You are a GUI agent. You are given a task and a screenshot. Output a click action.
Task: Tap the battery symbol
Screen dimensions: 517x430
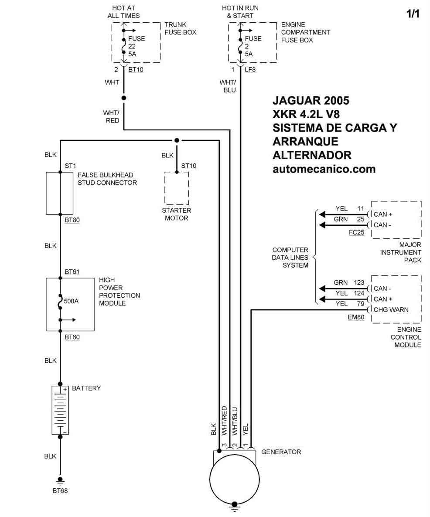(60, 410)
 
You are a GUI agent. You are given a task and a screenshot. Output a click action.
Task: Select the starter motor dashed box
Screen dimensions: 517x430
(177, 188)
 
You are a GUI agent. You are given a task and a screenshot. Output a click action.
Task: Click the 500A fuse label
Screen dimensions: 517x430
(72, 301)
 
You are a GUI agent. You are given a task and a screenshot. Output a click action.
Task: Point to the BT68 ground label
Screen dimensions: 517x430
(60, 490)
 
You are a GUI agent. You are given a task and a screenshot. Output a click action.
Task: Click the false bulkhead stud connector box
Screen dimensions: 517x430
(60, 193)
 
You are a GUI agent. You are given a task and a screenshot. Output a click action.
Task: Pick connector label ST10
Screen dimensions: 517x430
(189, 166)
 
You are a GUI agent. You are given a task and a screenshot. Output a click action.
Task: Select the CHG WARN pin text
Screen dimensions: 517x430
(391, 310)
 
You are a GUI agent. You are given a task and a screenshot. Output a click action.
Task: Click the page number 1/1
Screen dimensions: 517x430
(413, 14)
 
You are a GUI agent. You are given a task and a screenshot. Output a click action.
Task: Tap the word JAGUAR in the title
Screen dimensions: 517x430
(297, 100)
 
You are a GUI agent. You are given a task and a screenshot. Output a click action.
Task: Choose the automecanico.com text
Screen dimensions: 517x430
(324, 169)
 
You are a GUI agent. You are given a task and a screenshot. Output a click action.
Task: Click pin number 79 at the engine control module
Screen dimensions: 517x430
(360, 303)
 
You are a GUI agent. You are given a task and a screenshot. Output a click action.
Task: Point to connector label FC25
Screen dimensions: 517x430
(356, 232)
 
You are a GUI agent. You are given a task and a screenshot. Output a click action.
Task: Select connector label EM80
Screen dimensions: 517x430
(356, 317)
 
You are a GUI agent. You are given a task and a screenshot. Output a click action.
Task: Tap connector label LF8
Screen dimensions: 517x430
(250, 70)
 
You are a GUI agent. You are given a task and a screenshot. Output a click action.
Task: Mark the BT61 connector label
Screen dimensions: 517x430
(72, 272)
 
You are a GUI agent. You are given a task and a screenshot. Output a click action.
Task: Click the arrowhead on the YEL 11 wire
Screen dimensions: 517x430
(322, 214)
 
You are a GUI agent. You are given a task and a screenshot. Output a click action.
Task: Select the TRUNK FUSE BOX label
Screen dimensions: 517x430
(180, 28)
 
